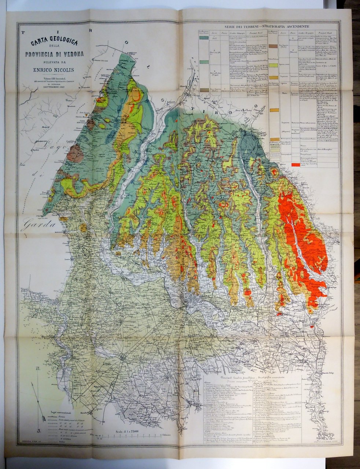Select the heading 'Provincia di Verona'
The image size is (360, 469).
(54, 54)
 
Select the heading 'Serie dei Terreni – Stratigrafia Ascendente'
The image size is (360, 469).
(267, 26)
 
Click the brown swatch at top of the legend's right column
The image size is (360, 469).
(273, 47)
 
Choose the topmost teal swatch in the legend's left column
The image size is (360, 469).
(204, 38)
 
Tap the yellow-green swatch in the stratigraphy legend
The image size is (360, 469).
(273, 65)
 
